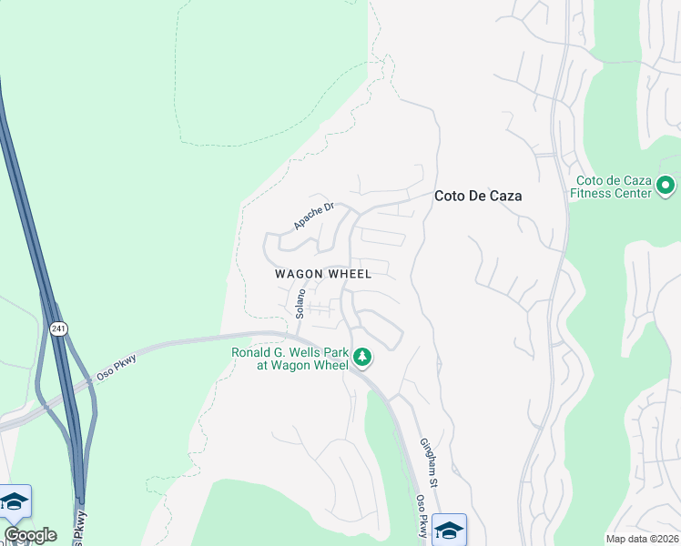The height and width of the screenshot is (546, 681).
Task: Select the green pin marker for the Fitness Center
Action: click(x=666, y=187)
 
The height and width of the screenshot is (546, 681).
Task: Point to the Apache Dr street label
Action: click(x=314, y=216)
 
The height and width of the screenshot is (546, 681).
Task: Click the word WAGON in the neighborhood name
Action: click(x=300, y=274)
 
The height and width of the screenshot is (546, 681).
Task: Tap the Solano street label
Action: click(x=300, y=303)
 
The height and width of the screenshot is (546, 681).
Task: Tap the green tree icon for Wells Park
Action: click(x=363, y=358)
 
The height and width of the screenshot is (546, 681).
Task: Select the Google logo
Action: click(x=30, y=535)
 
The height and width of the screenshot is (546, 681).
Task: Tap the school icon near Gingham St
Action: click(x=449, y=529)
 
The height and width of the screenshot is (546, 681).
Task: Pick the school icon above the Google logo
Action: click(x=15, y=500)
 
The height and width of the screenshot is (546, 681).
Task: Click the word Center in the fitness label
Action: click(x=634, y=193)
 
